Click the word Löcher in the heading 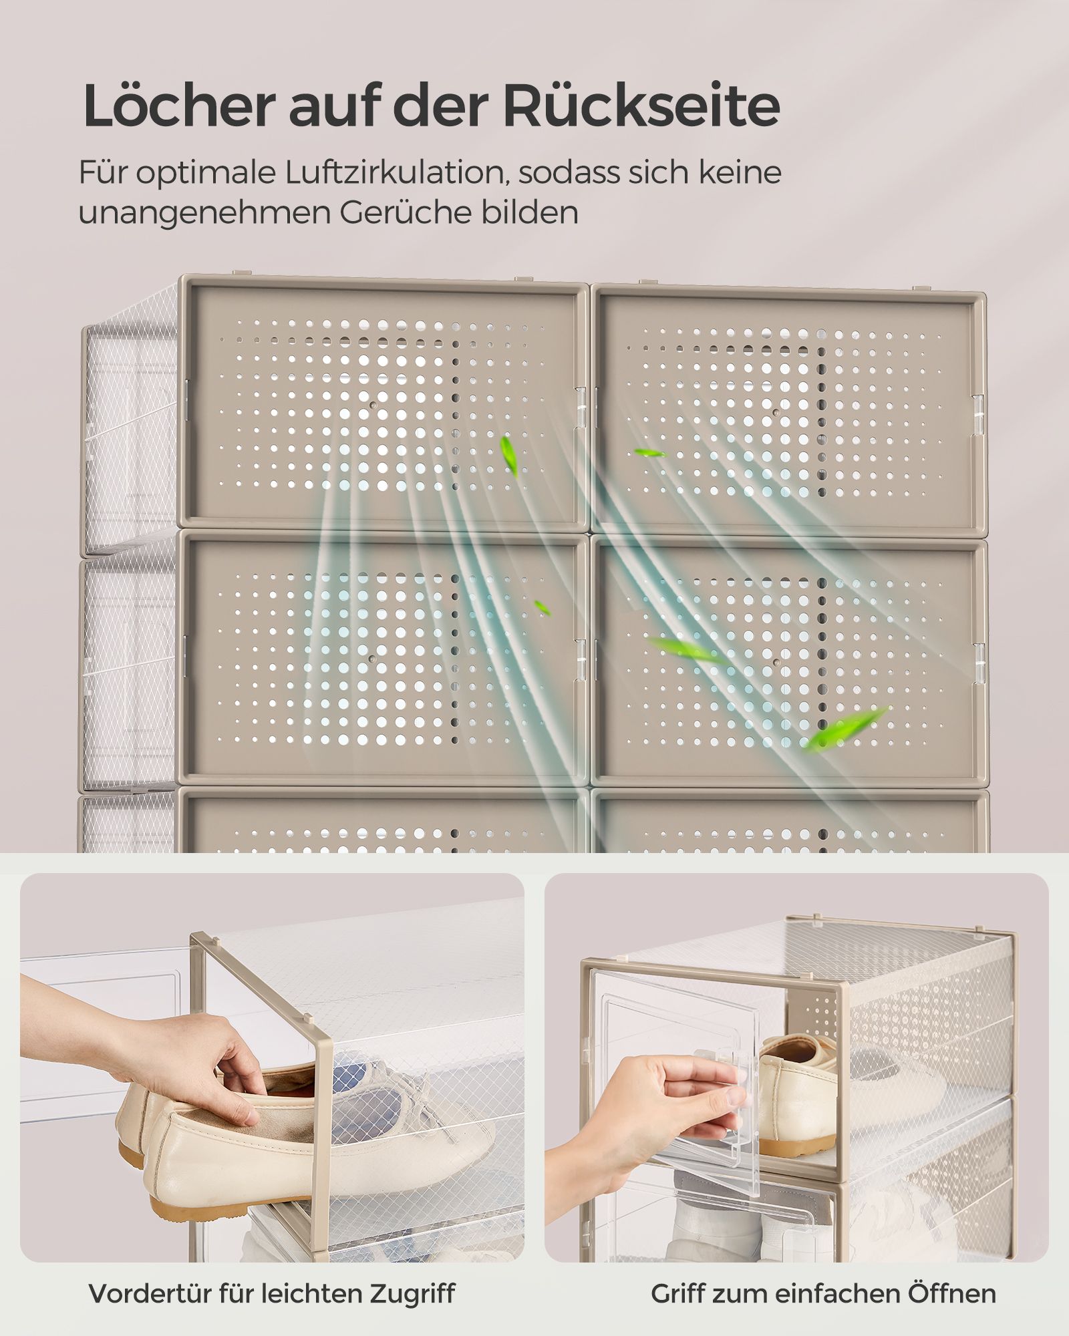pos(179,106)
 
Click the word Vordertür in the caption pos(149,1293)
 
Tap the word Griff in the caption pos(676,1293)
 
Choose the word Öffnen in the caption pos(951,1292)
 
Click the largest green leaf pos(846,728)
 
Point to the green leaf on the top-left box pos(509,456)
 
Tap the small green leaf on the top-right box pos(649,453)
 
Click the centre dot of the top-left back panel pos(373,405)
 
